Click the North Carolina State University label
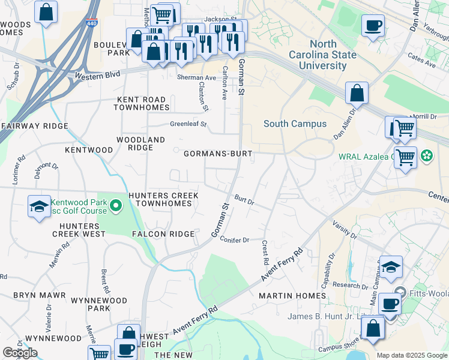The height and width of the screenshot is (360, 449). (x=333, y=55)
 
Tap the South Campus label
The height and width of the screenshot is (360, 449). (x=295, y=124)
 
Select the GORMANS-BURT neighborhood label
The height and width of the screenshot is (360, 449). (x=217, y=154)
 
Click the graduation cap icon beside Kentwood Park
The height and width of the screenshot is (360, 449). (x=39, y=206)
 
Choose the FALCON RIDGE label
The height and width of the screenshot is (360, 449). (x=163, y=234)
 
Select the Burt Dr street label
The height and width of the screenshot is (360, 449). (x=244, y=200)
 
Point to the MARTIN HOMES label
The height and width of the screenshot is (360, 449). (x=292, y=296)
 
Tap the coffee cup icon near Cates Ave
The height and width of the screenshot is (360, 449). (x=373, y=26)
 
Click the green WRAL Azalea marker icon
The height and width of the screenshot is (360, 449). (x=427, y=157)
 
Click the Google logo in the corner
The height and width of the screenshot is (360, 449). (x=20, y=353)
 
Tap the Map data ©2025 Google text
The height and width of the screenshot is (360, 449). (x=412, y=355)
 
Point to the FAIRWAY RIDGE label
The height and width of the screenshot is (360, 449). (x=34, y=126)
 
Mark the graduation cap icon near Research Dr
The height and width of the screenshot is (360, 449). (x=391, y=268)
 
